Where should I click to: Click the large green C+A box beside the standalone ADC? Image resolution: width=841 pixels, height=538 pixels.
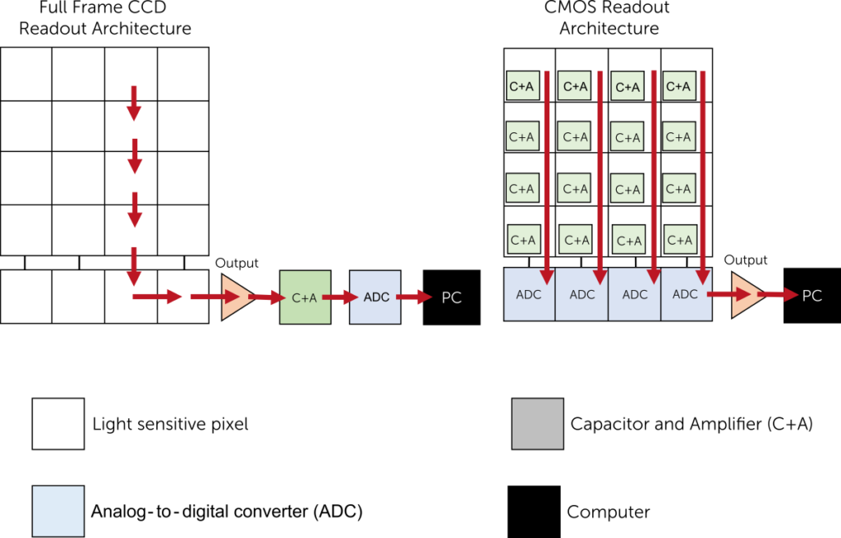click(305, 297)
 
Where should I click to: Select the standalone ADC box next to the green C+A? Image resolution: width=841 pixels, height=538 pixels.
click(375, 297)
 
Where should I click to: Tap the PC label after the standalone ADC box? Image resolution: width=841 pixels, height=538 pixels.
click(452, 298)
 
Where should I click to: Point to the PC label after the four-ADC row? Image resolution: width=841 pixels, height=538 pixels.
click(811, 296)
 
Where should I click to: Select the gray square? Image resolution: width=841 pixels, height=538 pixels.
click(538, 424)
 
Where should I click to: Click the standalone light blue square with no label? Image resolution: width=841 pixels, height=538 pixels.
click(58, 511)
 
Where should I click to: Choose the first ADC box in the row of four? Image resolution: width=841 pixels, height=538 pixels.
click(529, 294)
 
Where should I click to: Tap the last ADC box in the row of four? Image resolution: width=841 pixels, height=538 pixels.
click(686, 294)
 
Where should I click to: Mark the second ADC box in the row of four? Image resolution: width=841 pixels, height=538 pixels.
click(581, 294)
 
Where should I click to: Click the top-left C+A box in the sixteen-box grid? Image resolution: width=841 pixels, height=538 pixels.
click(522, 85)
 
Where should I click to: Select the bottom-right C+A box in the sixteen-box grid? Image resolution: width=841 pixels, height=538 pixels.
click(681, 240)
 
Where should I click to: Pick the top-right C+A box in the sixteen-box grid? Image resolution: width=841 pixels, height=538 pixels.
click(678, 85)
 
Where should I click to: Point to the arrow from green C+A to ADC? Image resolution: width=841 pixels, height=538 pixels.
click(339, 297)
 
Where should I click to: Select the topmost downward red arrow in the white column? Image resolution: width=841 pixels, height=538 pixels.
click(134, 102)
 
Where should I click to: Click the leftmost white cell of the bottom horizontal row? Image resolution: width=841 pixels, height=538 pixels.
click(26, 297)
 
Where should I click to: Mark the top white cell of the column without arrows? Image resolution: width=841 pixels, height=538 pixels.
click(26, 74)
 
